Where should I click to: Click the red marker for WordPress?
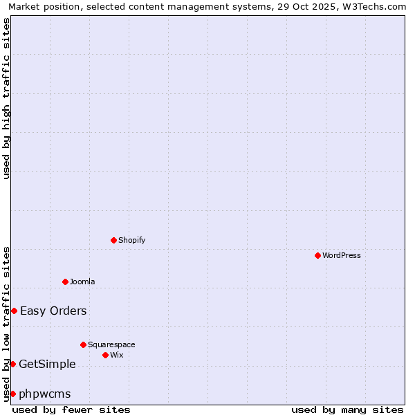317,255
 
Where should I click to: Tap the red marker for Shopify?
113,240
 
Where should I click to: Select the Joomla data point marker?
65,282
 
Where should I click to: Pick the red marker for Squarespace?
83,344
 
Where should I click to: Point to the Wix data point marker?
105,355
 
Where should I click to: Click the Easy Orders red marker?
14,311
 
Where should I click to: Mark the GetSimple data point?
12,364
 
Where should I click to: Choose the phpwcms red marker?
12,394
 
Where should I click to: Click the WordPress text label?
342,255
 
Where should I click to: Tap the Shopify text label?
132,240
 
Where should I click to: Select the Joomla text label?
82,282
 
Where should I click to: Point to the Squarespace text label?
111,344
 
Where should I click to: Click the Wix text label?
117,355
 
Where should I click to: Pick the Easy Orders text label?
53,311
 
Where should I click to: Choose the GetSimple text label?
47,364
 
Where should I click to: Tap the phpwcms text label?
45,394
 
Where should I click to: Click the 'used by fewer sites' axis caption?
71,409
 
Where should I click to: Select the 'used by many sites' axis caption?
347,409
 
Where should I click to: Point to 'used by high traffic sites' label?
7,98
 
